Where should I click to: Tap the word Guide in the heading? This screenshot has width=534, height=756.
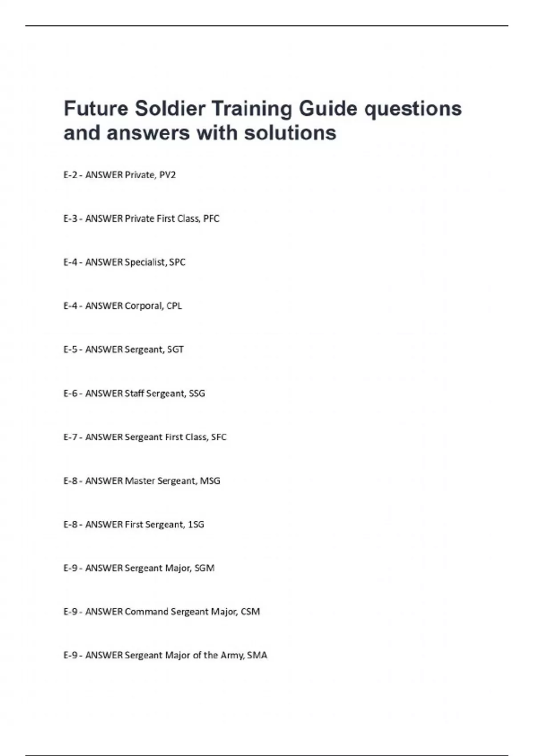[x=328, y=109]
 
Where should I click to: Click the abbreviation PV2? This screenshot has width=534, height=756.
[x=167, y=175]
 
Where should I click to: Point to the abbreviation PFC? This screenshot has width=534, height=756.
[x=211, y=218]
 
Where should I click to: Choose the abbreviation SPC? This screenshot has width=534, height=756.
[x=177, y=262]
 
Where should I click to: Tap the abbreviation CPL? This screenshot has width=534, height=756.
[x=174, y=306]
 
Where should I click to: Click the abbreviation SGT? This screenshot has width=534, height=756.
[x=175, y=349]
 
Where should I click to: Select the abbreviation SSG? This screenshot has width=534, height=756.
[x=197, y=393]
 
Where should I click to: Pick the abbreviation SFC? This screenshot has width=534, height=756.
[x=219, y=437]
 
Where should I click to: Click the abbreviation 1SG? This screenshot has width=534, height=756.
[x=196, y=524]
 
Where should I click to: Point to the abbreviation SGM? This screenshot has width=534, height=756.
[x=205, y=568]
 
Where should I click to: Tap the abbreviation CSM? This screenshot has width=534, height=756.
[x=250, y=611]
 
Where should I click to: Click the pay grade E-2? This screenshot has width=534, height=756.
[x=71, y=175]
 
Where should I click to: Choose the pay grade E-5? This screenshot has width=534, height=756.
[x=71, y=349]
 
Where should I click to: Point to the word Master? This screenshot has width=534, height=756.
[x=139, y=480]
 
